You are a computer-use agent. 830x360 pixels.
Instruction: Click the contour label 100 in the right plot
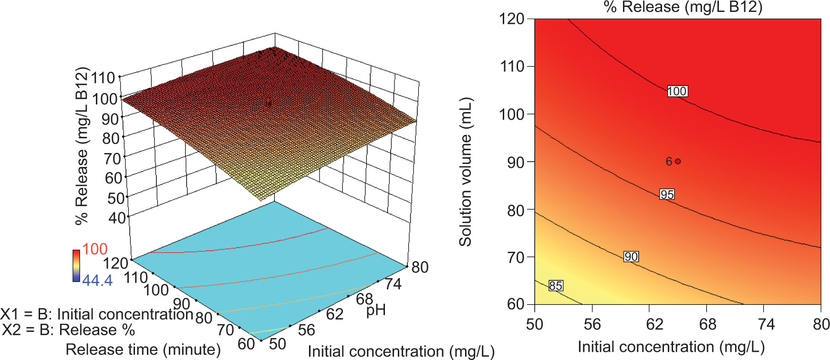click(677, 91)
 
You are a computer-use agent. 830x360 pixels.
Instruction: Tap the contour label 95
click(667, 195)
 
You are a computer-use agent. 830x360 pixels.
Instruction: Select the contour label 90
click(631, 257)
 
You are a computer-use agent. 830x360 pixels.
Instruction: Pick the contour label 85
click(555, 286)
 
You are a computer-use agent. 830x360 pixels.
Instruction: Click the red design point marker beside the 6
click(678, 162)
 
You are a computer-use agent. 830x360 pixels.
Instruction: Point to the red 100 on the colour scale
click(94, 249)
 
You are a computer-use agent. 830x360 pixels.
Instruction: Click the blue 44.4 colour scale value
click(97, 280)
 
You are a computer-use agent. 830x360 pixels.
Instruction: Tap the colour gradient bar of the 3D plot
click(76, 265)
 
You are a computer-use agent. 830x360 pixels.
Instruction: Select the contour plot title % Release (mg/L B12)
click(683, 7)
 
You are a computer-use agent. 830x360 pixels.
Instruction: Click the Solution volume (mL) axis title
click(465, 172)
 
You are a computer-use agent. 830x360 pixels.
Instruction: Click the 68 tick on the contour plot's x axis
click(707, 325)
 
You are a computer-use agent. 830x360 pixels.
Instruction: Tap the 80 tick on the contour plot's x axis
click(821, 325)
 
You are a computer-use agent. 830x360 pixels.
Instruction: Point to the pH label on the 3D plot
click(375, 310)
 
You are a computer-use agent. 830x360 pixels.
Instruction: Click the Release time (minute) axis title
click(143, 350)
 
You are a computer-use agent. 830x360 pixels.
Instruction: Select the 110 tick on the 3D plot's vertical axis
click(104, 77)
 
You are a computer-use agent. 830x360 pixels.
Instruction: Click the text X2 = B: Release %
click(68, 330)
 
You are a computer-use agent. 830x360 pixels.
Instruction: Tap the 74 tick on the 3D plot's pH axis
click(393, 284)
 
